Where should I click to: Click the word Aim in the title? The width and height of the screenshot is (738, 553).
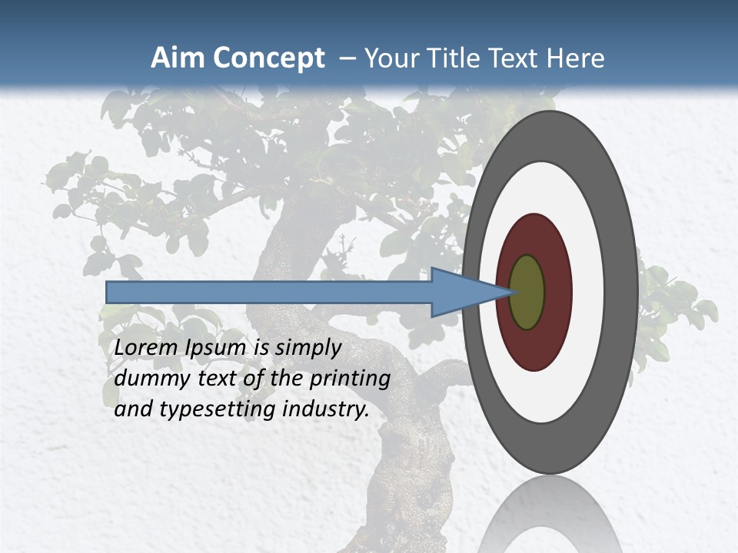(x=178, y=58)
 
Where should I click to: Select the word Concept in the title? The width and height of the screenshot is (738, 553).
(x=268, y=58)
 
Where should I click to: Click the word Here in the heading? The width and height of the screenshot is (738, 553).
(x=576, y=58)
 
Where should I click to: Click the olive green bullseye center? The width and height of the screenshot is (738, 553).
(x=527, y=293)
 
